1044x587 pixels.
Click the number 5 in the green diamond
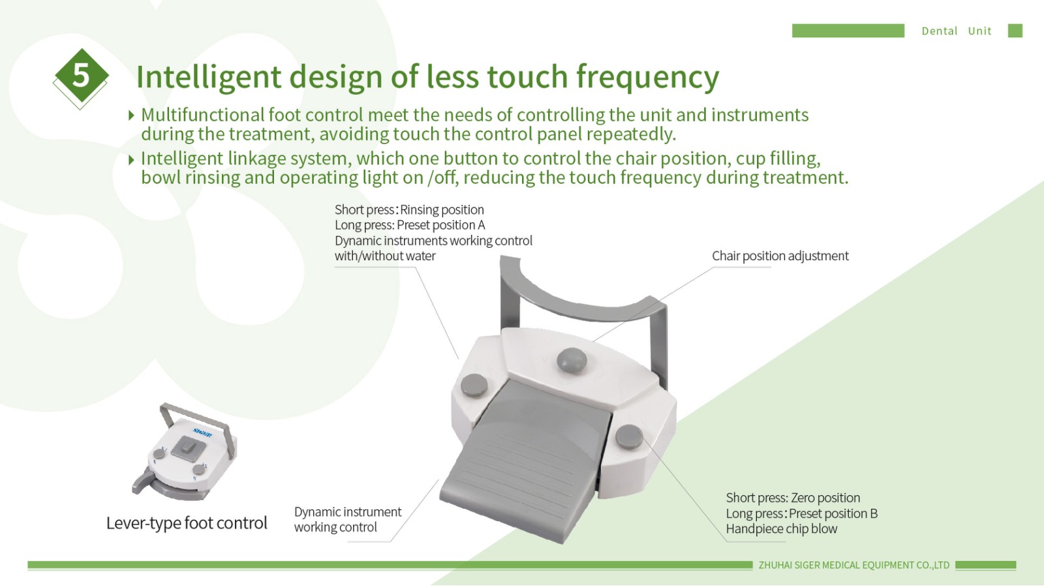[x=81, y=75]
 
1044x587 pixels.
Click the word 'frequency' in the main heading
[x=647, y=78]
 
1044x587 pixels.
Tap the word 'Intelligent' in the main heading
[x=209, y=78]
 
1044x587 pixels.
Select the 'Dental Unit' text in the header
[x=957, y=31]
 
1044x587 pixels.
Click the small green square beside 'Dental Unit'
[x=1015, y=31]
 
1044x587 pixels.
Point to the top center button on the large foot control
[x=572, y=359]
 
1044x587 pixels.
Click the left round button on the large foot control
[x=474, y=385]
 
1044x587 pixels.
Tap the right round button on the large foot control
[x=629, y=437]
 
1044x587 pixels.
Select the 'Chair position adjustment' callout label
[x=780, y=256]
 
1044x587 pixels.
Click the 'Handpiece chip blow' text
[x=782, y=529]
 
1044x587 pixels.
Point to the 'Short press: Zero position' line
[x=793, y=498]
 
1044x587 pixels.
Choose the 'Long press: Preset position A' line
[x=410, y=225]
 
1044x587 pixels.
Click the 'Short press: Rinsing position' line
[x=409, y=209]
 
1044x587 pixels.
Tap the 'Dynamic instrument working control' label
[x=347, y=519]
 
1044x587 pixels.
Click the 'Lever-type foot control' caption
[x=187, y=522]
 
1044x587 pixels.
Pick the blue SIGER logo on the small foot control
[x=202, y=434]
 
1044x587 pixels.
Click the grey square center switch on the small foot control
[x=189, y=449]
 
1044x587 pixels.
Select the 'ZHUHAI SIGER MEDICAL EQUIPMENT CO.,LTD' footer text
[x=854, y=565]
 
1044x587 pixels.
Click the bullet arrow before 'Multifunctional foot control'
[x=131, y=115]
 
